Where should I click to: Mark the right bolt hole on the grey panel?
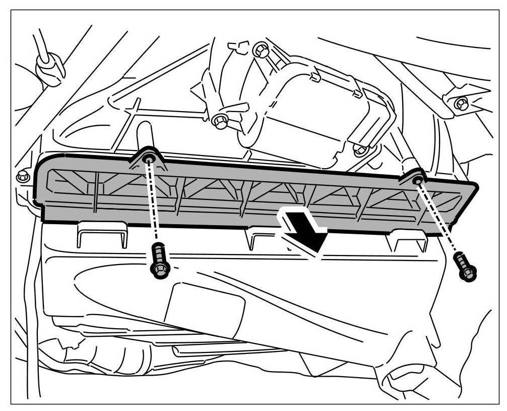(417, 180)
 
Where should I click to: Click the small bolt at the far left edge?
(22, 176)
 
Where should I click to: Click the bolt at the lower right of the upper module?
(359, 149)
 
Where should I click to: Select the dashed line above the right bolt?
(438, 217)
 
